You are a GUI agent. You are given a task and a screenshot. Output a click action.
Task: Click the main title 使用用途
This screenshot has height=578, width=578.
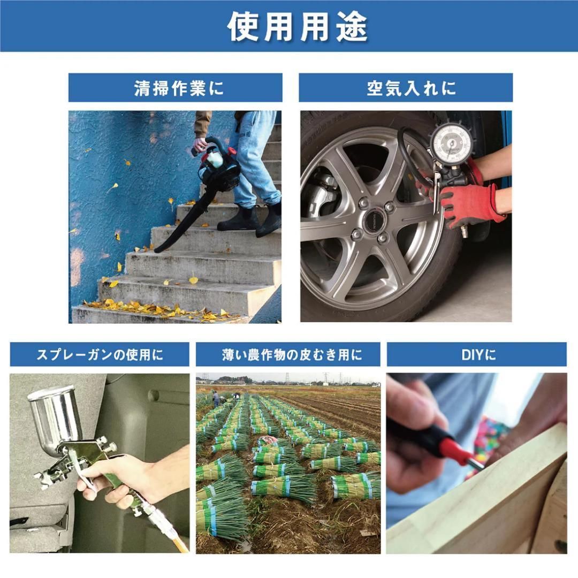tap(297, 27)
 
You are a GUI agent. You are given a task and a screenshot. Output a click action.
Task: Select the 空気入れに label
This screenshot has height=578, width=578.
tap(411, 88)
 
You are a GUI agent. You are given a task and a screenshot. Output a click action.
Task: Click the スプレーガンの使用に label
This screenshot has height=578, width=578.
tap(100, 354)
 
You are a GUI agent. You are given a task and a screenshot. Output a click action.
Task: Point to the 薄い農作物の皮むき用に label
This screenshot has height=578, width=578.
tap(292, 354)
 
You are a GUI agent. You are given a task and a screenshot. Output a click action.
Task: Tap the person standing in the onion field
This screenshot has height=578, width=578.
tap(215, 397)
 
